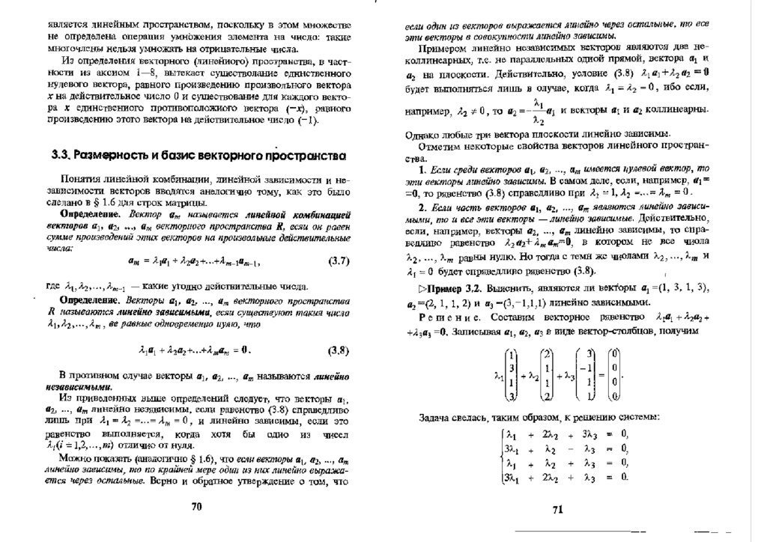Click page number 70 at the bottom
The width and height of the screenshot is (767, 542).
[196, 506]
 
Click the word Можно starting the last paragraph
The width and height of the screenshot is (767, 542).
[77, 459]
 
